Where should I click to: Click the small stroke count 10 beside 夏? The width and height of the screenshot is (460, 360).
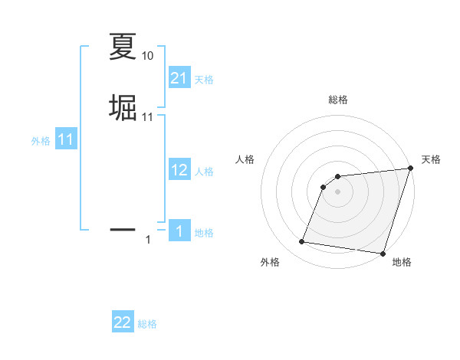pos(147,56)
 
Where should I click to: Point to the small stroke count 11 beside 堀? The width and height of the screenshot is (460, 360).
pos(147,116)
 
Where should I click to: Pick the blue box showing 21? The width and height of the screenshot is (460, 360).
pos(179,78)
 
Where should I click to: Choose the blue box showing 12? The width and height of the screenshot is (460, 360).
pos(179,170)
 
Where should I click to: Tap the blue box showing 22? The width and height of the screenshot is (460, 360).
pos(123,323)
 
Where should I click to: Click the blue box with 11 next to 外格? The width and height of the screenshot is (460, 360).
pos(66,140)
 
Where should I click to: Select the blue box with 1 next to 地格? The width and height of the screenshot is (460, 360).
pos(179,231)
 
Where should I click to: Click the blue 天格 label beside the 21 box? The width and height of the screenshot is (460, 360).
pos(204,80)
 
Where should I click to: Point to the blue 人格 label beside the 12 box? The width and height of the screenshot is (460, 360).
pos(204,172)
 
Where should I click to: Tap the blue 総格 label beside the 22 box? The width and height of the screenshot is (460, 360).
pos(147,325)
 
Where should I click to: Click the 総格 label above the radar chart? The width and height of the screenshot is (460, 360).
pos(338,100)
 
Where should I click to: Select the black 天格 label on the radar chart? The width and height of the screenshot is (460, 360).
pos(431,159)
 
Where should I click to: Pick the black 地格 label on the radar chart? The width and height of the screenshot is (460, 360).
pos(402,262)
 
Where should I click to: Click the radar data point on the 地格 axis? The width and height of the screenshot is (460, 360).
pos(383,254)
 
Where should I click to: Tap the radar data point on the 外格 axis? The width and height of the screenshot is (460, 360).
pos(302,242)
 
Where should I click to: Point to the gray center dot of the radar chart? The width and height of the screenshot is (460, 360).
pos(338,191)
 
